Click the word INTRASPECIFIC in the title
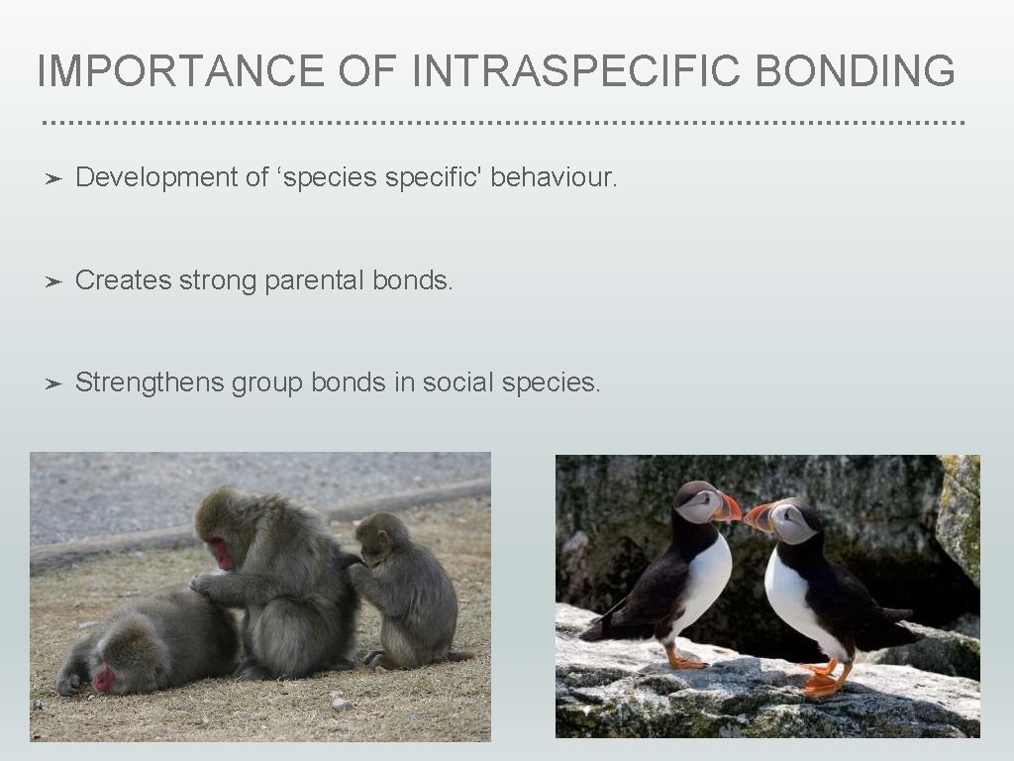(x=571, y=71)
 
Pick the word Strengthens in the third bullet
(x=150, y=382)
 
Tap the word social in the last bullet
(x=458, y=382)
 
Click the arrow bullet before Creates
(x=54, y=281)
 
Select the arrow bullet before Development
(x=54, y=178)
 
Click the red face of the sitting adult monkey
(x=219, y=552)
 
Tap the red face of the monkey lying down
(x=104, y=679)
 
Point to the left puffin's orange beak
(x=729, y=508)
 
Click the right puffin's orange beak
(x=760, y=515)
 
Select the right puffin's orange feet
(x=824, y=682)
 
